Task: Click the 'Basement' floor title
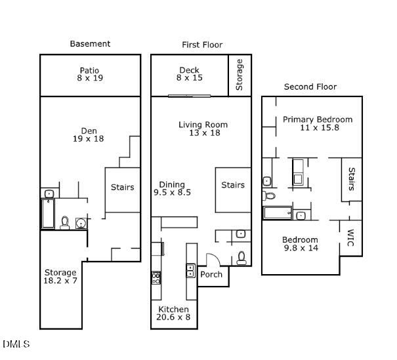(x=90, y=44)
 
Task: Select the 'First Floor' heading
(x=202, y=45)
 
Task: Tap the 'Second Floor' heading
(x=310, y=87)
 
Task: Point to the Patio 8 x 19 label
(x=90, y=74)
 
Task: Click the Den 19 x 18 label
(x=88, y=134)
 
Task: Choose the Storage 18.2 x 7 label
(x=60, y=276)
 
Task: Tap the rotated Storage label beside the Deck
(x=240, y=75)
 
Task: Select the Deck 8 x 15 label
(x=190, y=74)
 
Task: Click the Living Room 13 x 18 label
(x=203, y=129)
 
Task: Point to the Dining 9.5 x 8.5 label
(x=172, y=189)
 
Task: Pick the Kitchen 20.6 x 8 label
(x=174, y=313)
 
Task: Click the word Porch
(x=211, y=274)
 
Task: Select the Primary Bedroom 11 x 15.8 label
(x=318, y=123)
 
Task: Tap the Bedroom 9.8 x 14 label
(x=301, y=244)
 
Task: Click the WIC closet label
(x=350, y=237)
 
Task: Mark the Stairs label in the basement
(x=122, y=188)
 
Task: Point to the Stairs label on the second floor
(x=351, y=178)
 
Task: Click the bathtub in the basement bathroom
(x=48, y=214)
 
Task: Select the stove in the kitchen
(x=157, y=277)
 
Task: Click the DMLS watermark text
(x=16, y=344)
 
